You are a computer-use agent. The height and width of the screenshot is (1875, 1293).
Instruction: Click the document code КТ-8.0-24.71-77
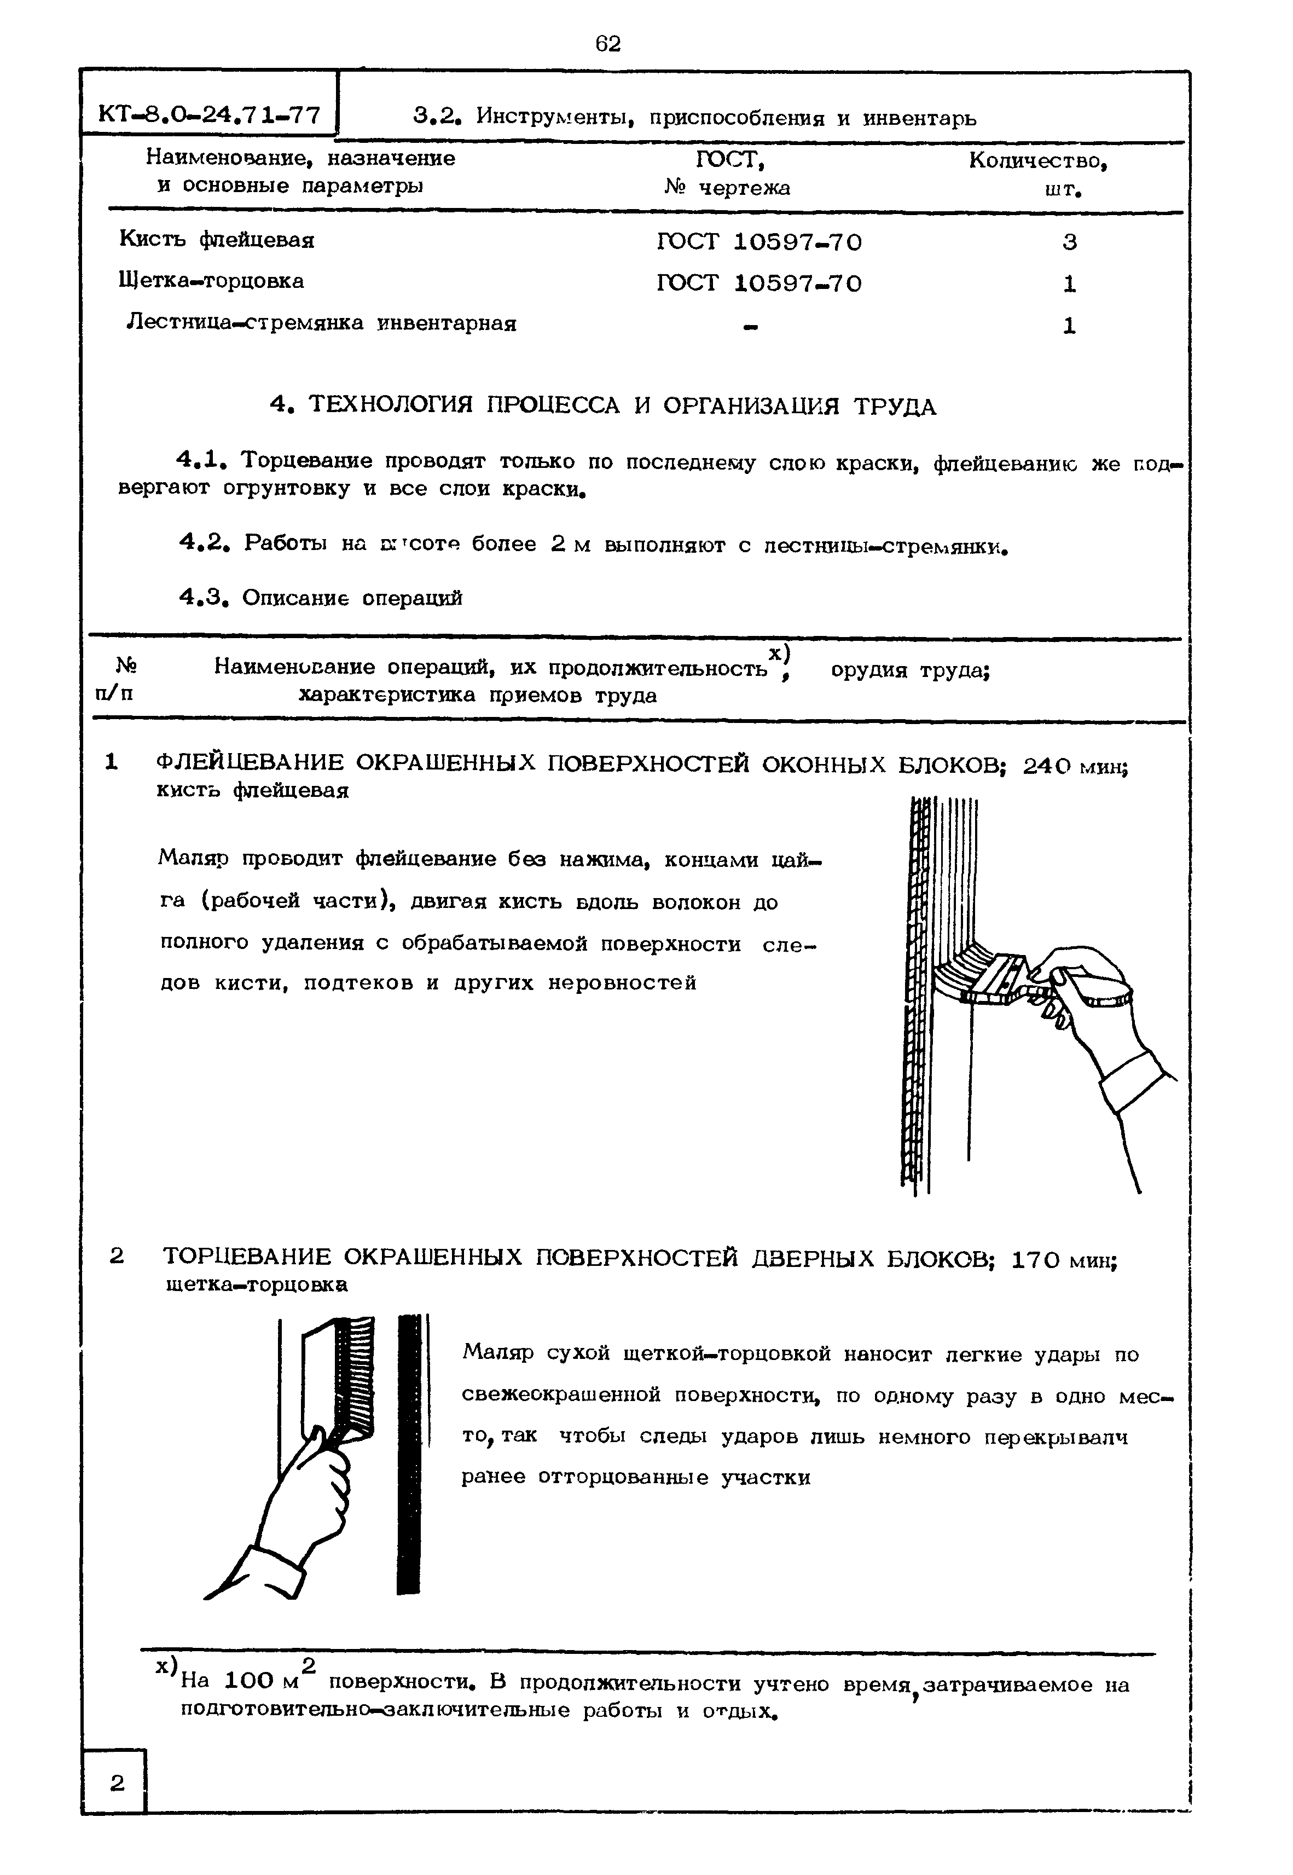click(208, 114)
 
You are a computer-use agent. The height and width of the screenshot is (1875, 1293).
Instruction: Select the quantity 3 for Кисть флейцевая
click(1069, 242)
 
